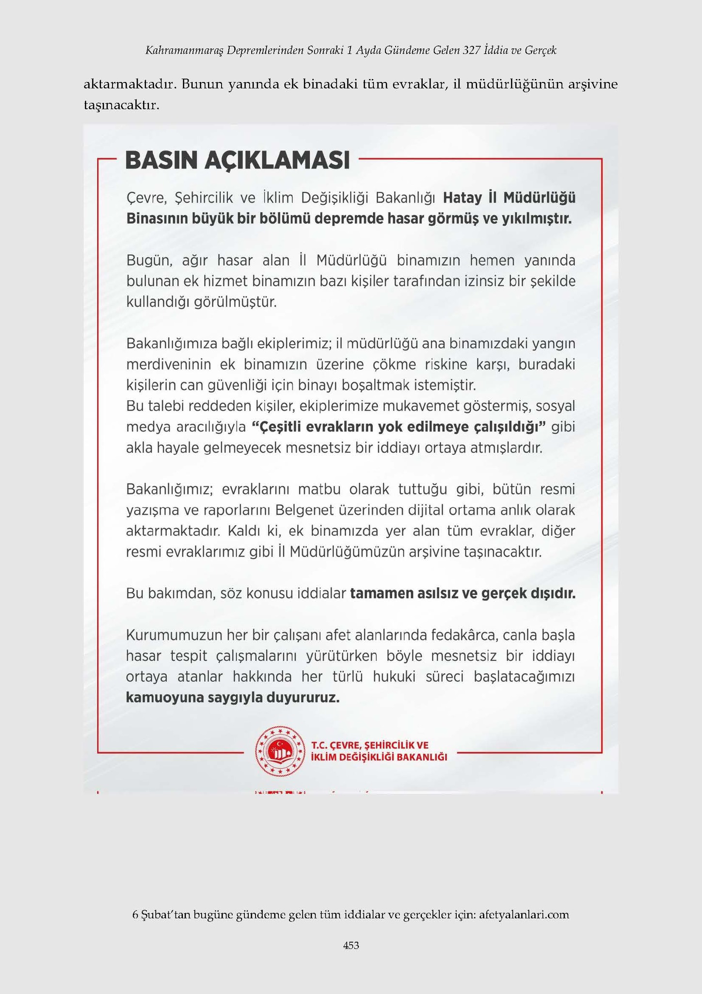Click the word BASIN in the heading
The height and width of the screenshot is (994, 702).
click(160, 161)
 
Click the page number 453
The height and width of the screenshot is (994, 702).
click(351, 945)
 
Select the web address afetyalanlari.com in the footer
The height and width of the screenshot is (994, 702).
click(524, 915)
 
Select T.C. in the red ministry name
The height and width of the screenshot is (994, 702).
click(320, 745)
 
